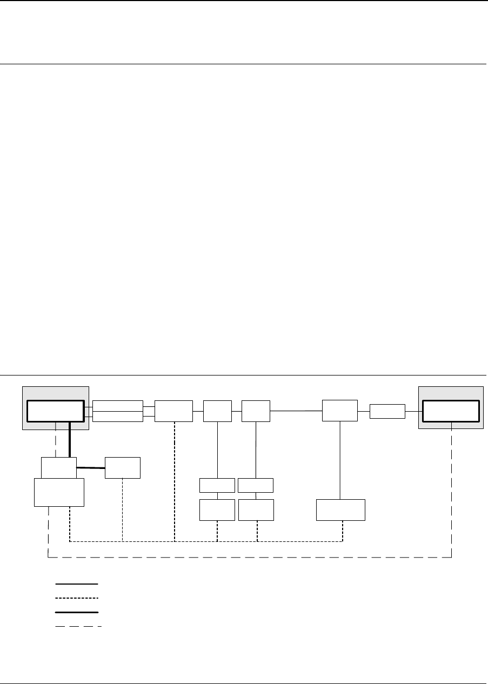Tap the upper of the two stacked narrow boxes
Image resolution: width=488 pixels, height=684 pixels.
(x=118, y=406)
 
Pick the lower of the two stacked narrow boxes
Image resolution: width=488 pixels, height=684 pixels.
(x=118, y=416)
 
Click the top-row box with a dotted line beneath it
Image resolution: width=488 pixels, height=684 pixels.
(x=173, y=411)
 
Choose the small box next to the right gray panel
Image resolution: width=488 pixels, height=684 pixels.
(x=387, y=411)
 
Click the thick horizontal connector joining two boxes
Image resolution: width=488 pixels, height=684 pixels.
(x=91, y=468)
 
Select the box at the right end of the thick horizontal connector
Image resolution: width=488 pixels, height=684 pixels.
(x=123, y=468)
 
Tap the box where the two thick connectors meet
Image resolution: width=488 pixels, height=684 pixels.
(x=59, y=467)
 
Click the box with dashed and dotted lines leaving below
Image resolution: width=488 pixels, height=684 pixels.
(x=59, y=492)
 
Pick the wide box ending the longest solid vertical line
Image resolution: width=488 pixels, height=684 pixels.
(x=340, y=510)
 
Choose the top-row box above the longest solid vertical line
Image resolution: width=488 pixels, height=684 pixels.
(x=340, y=411)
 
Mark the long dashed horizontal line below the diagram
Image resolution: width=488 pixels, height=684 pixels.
(x=249, y=557)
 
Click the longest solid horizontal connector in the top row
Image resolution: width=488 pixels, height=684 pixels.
(x=296, y=411)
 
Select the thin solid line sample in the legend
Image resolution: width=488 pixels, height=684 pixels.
(x=77, y=584)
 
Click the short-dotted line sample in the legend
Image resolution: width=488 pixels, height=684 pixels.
(x=77, y=598)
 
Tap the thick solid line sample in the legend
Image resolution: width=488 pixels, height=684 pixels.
(x=77, y=612)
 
